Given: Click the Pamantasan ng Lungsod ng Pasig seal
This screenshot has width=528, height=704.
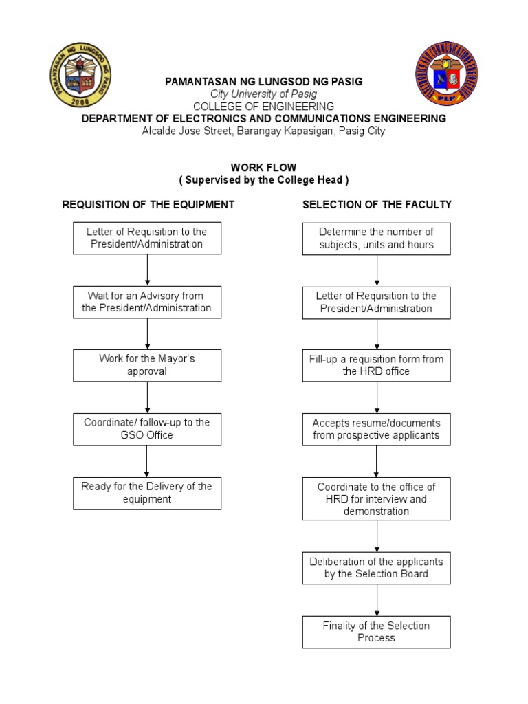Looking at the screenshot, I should point(80,75).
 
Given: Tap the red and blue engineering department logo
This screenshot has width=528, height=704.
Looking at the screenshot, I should point(446,75).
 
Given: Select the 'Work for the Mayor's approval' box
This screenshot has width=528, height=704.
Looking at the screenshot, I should point(147,365).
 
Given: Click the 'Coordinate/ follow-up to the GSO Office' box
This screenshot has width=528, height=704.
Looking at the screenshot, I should point(147,429).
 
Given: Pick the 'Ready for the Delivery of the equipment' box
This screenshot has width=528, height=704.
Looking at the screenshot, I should point(147,493).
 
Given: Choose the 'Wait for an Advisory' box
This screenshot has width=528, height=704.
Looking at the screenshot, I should point(147,302).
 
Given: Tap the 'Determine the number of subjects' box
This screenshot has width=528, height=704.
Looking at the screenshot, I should point(376,239).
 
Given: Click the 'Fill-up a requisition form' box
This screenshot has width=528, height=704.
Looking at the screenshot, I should point(376,365).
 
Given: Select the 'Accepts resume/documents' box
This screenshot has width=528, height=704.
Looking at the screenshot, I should point(376,429).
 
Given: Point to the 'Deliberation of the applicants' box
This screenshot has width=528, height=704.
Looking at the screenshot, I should point(376,568).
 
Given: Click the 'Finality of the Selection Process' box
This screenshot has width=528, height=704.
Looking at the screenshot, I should point(376,632).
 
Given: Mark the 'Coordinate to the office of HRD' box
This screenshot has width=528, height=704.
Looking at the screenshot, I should point(376,498).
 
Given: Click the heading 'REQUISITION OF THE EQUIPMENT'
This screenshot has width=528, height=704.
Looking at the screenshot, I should point(148,204).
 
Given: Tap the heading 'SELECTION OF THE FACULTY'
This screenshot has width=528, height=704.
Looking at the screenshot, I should point(377,204).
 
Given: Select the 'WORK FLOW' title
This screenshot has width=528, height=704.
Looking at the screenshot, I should point(264,168).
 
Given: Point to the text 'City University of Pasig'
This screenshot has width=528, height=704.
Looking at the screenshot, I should point(264,94).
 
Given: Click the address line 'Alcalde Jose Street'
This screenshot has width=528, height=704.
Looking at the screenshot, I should point(264,131).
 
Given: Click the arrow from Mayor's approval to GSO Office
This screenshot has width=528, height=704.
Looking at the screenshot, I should point(147,397).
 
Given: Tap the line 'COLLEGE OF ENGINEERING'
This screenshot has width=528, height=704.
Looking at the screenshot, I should point(264,107).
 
